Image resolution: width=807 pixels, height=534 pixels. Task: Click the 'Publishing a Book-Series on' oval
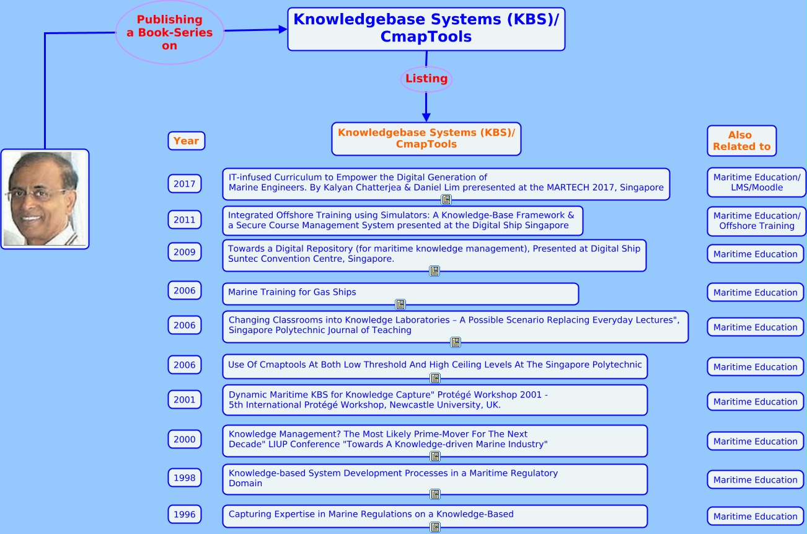[169, 32]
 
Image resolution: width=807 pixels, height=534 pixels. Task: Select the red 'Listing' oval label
[426, 79]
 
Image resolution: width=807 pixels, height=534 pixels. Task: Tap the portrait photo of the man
[45, 199]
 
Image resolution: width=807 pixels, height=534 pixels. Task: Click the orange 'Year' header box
[186, 141]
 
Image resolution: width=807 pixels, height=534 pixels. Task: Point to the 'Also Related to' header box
[741, 141]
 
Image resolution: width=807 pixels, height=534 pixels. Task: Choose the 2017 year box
[184, 184]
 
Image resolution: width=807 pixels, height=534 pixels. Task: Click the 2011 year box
[184, 220]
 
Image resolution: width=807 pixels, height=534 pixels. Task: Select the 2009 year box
[184, 252]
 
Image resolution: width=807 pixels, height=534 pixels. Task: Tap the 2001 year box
[184, 400]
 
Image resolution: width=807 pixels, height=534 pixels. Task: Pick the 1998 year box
[184, 478]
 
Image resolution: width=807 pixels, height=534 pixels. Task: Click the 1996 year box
[184, 514]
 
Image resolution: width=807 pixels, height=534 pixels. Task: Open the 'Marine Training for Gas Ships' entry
[400, 293]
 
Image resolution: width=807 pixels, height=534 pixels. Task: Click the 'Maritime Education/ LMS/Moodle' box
[756, 182]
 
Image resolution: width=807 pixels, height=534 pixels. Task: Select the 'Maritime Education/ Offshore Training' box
[756, 221]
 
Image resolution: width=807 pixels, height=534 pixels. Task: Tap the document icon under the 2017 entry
[446, 200]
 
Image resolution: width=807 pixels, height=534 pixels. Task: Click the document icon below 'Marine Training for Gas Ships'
[400, 305]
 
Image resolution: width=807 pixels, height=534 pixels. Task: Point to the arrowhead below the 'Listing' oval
[426, 116]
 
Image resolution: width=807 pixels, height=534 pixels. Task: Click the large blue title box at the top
[426, 29]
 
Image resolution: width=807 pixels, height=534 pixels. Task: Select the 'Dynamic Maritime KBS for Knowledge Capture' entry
[434, 400]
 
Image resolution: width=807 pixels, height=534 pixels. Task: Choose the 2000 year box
[184, 439]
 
